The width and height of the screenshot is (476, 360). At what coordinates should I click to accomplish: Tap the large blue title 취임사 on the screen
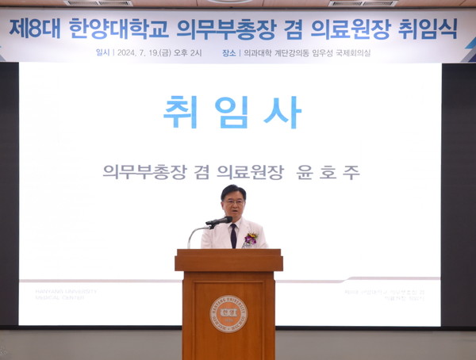(x=232, y=112)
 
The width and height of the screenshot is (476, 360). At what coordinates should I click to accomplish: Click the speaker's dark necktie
(x=233, y=236)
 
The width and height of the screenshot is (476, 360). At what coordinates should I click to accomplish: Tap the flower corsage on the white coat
(x=251, y=237)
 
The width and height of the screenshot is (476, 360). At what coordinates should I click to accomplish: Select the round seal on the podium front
(x=228, y=313)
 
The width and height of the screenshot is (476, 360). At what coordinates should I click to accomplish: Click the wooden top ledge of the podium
(x=228, y=255)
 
